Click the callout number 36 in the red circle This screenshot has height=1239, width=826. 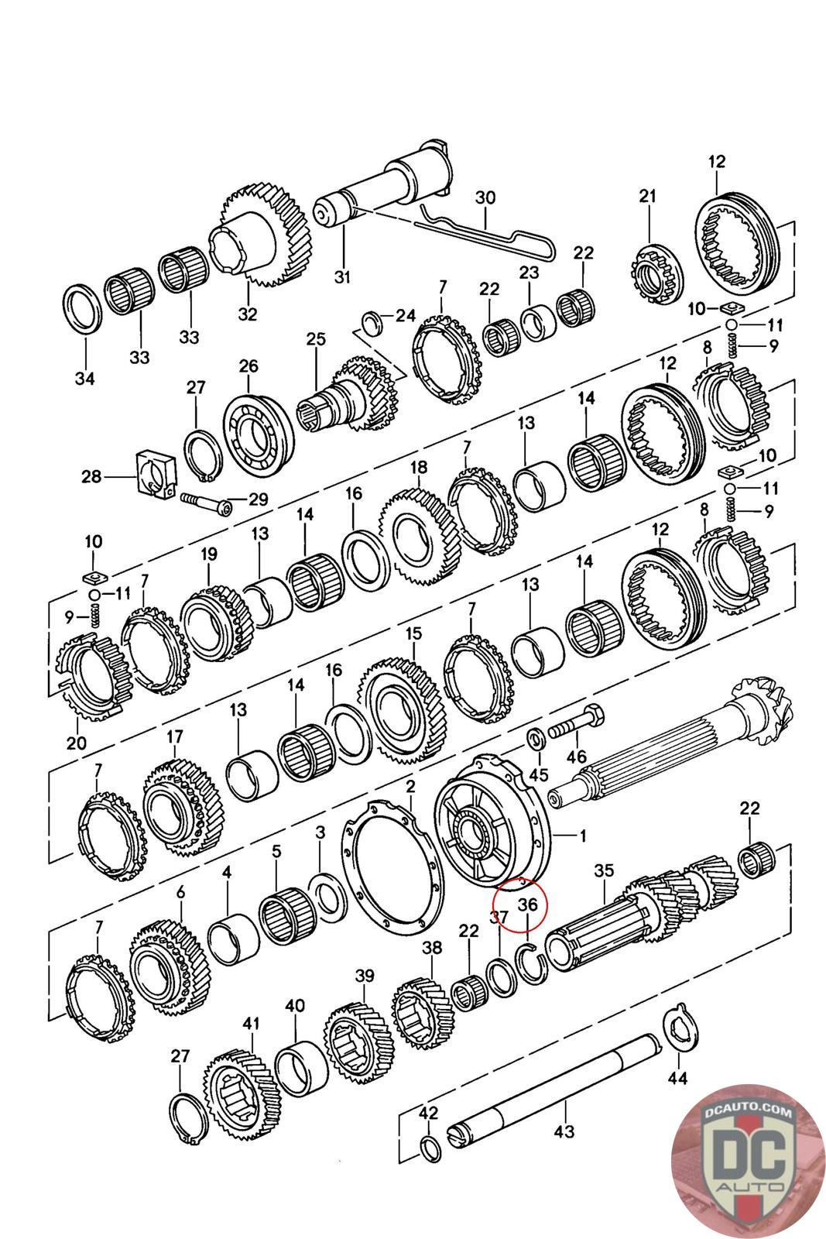pos(527,904)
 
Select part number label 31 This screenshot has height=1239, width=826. pos(342,276)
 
